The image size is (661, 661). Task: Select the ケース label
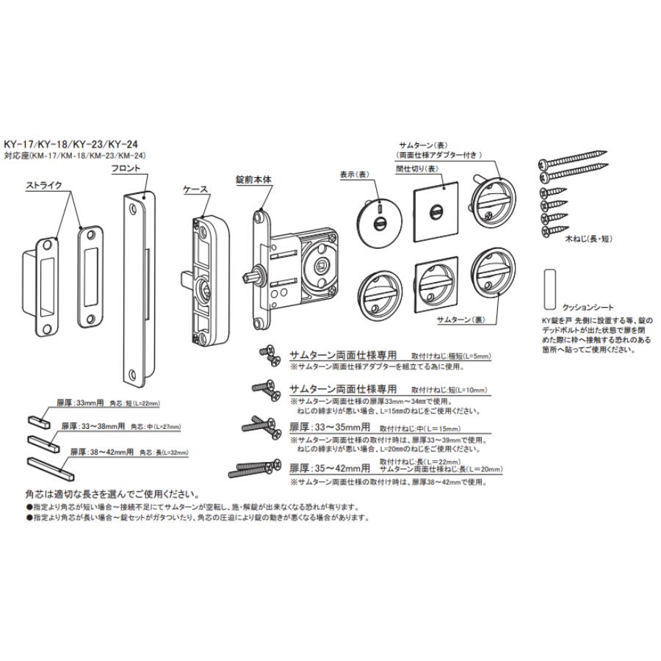coord(195,189)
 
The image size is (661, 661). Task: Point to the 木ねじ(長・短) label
coord(588,239)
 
